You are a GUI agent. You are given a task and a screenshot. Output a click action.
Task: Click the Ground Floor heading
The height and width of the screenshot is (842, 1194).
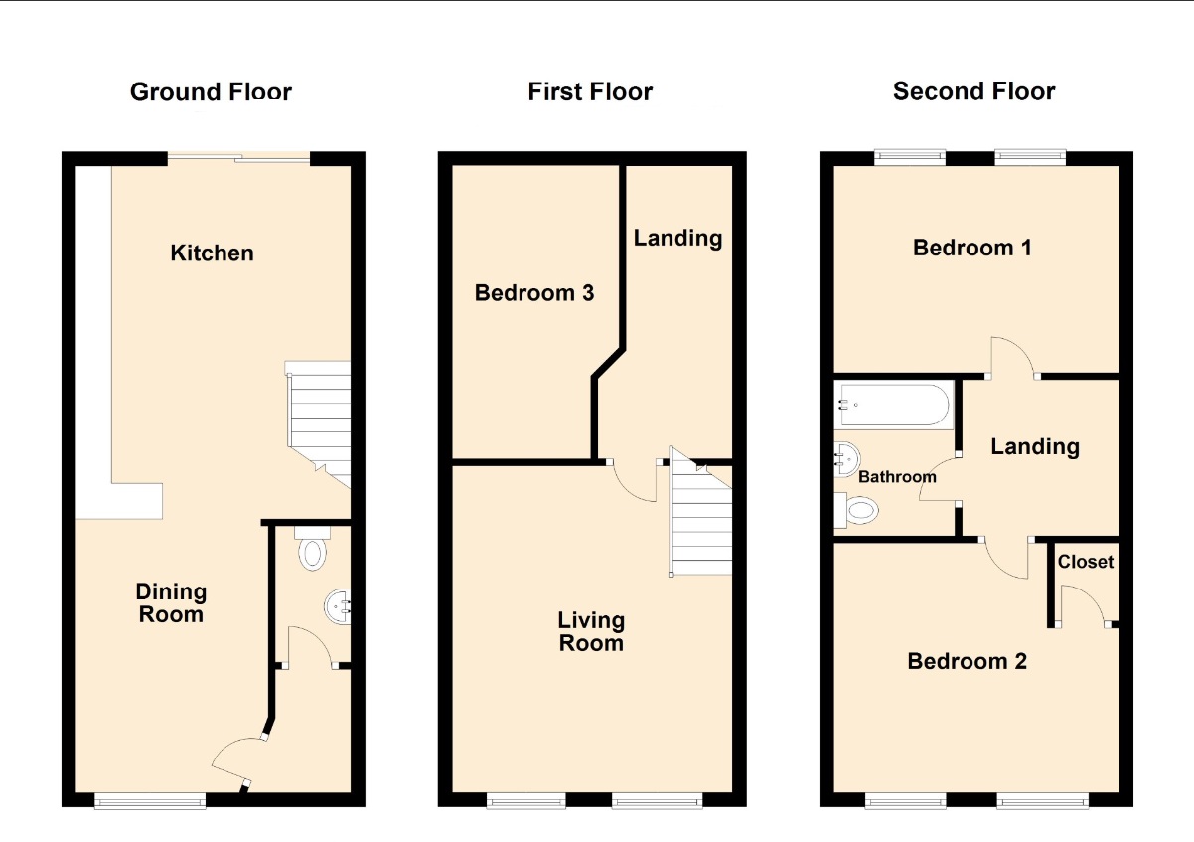tap(211, 91)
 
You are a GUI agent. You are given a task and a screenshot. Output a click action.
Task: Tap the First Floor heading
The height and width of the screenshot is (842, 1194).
tap(590, 91)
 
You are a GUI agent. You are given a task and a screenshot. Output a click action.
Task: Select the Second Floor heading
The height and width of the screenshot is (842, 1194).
tap(973, 91)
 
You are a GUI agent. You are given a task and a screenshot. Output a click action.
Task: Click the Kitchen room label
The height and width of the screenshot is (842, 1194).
tap(213, 253)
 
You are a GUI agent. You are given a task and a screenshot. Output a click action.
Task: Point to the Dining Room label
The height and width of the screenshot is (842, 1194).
tap(171, 603)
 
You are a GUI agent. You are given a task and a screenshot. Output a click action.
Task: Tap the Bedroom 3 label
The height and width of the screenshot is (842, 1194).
tap(534, 293)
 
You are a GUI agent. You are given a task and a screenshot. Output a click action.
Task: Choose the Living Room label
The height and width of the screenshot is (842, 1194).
tap(591, 632)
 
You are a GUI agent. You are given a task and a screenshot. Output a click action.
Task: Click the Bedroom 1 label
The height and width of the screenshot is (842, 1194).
tap(972, 248)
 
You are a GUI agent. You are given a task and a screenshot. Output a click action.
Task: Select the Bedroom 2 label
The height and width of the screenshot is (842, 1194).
tap(967, 662)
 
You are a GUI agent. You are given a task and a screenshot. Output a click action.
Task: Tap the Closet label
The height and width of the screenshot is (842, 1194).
tap(1086, 562)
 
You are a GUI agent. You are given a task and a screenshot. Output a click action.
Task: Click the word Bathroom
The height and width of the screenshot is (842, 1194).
tap(897, 477)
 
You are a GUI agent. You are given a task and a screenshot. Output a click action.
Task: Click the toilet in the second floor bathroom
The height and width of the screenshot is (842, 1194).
tap(856, 510)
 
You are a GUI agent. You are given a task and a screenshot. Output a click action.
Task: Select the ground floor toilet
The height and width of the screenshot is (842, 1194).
tap(312, 549)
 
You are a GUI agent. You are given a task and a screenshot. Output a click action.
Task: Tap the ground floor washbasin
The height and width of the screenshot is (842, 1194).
tap(338, 606)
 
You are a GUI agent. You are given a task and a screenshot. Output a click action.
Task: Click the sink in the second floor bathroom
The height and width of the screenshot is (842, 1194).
tap(847, 459)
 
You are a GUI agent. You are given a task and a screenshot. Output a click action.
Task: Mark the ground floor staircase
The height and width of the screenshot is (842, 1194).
tap(318, 424)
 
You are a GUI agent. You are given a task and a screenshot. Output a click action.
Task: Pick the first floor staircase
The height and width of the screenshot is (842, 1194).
tap(700, 511)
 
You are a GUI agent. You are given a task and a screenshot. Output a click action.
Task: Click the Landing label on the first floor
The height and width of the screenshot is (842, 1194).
tap(677, 239)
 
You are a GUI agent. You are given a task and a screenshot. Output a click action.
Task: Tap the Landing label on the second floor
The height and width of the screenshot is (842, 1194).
tap(1035, 447)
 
